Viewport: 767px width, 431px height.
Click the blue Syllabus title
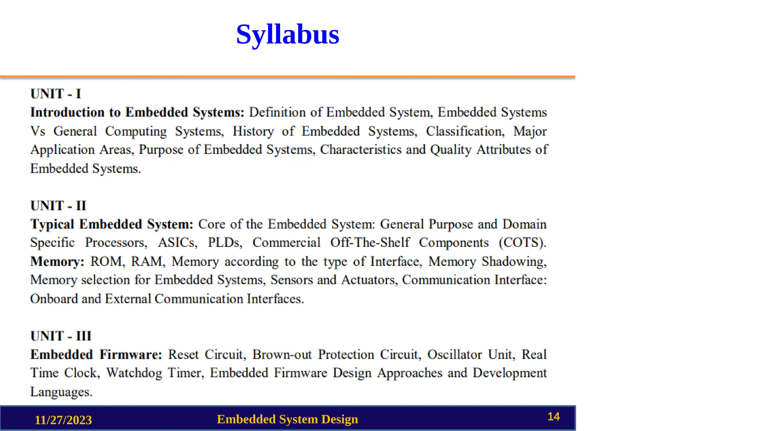click(x=288, y=34)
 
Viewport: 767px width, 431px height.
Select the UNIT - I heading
click(x=56, y=94)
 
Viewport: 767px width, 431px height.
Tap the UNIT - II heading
click(x=58, y=205)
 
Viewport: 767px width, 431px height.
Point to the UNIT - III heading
click(x=61, y=336)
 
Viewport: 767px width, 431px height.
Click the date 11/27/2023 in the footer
click(x=63, y=420)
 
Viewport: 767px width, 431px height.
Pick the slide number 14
click(x=554, y=416)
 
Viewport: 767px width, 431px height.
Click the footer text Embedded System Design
click(x=287, y=419)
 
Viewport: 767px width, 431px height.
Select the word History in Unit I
click(x=253, y=131)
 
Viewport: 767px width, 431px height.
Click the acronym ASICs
click(x=178, y=242)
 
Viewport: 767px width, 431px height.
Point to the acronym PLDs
click(x=225, y=242)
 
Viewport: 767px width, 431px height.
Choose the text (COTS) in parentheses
click(x=522, y=242)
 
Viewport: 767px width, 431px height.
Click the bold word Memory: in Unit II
click(x=57, y=261)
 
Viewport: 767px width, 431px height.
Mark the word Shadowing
click(x=514, y=262)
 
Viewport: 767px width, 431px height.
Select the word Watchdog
click(x=134, y=373)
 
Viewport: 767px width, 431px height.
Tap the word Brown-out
click(x=282, y=354)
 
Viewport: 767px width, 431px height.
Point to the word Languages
click(x=61, y=392)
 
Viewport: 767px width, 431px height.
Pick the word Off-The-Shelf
click(x=370, y=242)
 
